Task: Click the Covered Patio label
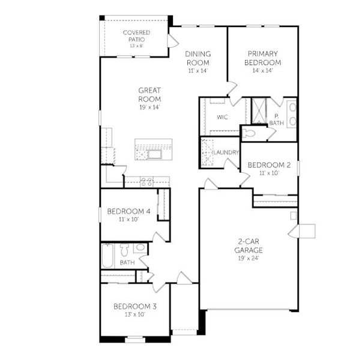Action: point(136,35)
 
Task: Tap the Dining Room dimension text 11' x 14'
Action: point(197,71)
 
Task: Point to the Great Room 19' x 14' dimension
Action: point(149,107)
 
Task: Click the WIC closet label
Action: point(222,117)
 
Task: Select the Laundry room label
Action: point(227,152)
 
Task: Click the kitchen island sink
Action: point(154,154)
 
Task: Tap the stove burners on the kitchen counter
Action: point(146,181)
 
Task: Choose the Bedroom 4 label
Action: point(128,211)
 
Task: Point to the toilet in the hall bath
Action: point(125,249)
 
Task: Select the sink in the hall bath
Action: point(140,247)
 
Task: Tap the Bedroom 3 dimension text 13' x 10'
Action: point(135,315)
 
